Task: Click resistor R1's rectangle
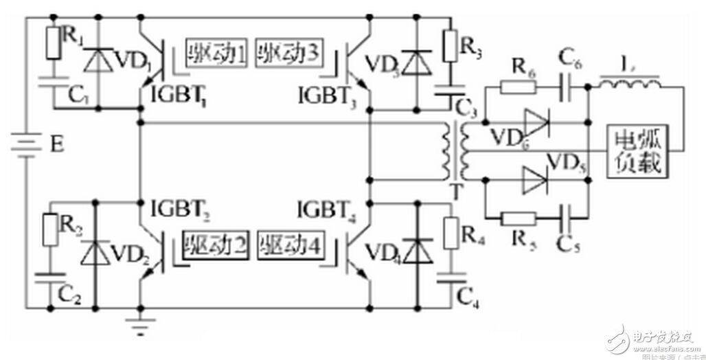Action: point(52,43)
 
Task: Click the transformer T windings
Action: point(457,151)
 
